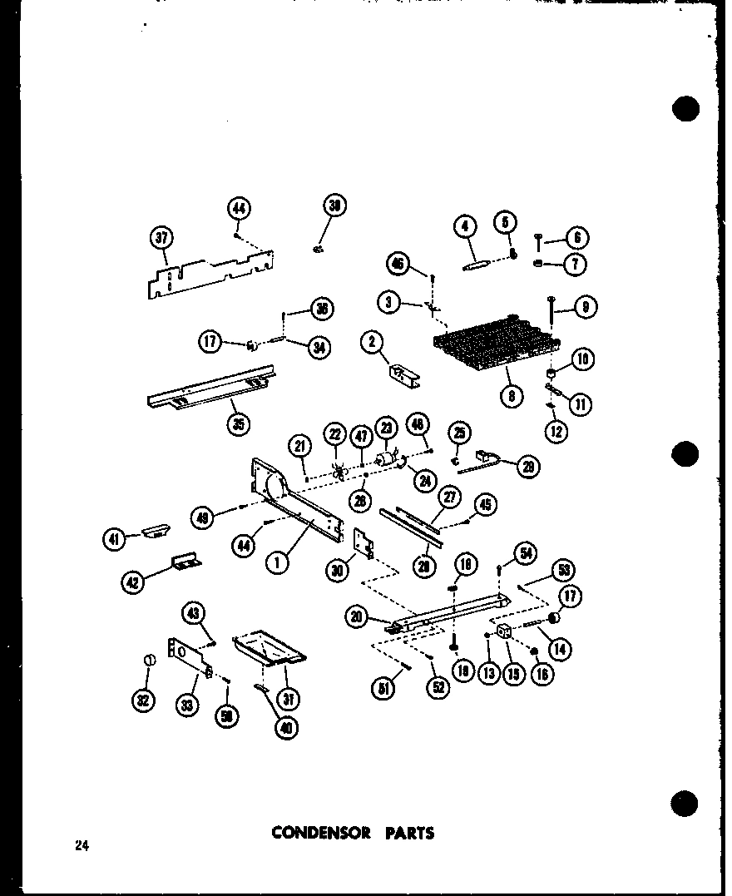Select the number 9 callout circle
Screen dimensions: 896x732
tap(586, 308)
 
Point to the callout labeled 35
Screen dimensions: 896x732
tap(240, 424)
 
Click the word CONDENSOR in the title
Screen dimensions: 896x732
tap(321, 832)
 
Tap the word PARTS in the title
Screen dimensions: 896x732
tap(409, 832)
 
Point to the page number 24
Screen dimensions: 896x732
tap(81, 846)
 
